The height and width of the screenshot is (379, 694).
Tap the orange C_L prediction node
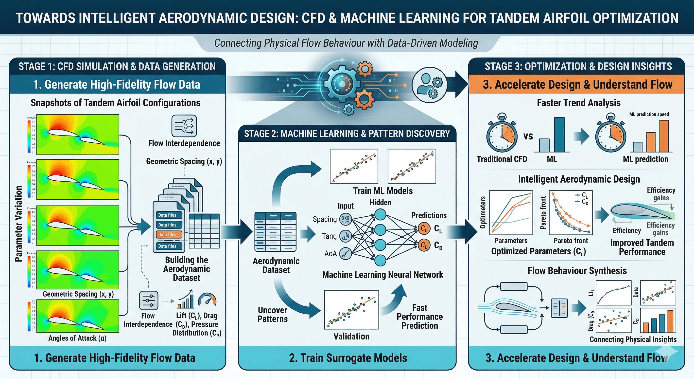pyautogui.click(x=424, y=229)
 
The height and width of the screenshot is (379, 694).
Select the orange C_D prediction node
pyautogui.click(x=424, y=245)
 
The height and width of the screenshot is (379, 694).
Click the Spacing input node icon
pyautogui.click(x=345, y=219)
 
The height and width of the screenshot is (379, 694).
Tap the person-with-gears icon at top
pyautogui.click(x=430, y=84)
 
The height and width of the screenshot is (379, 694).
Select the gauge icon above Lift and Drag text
pyautogui.click(x=207, y=300)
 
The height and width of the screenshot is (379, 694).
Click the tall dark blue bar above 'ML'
pyautogui.click(x=559, y=135)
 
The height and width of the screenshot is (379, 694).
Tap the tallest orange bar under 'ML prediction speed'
pyautogui.click(x=664, y=136)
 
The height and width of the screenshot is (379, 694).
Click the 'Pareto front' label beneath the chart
pyautogui.click(x=571, y=241)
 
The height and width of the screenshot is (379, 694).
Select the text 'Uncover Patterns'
pyautogui.click(x=272, y=315)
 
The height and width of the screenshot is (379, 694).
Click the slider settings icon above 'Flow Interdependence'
pyautogui.click(x=148, y=300)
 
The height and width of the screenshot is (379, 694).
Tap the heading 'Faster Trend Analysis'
pyautogui.click(x=578, y=103)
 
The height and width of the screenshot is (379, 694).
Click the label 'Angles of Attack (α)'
pyautogui.click(x=77, y=338)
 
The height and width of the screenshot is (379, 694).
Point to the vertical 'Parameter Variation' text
pyautogui.click(x=18, y=224)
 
